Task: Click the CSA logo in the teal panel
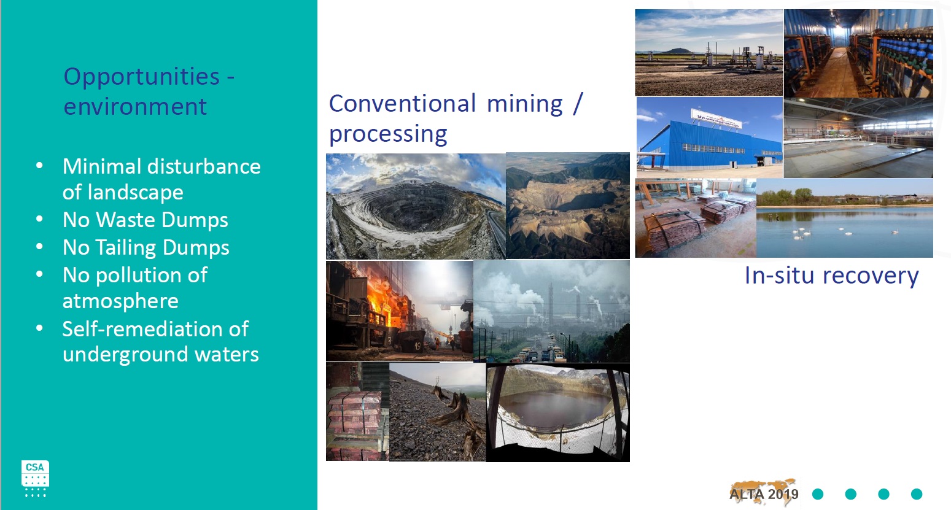[x=35, y=479]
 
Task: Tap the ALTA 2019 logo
[x=763, y=493]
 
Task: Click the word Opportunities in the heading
[x=141, y=77]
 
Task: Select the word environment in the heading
[x=135, y=106]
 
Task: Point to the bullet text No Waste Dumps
[x=145, y=220]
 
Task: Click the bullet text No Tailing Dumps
[x=146, y=248]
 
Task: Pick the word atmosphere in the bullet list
[x=120, y=301]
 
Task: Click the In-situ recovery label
[x=831, y=276]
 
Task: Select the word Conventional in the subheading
[x=402, y=104]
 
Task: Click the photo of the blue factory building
[x=710, y=137]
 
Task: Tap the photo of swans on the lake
[x=844, y=218]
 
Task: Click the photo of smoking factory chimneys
[x=551, y=311]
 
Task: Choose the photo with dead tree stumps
[x=438, y=412]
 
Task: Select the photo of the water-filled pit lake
[x=558, y=412]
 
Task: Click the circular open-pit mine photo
[x=416, y=206]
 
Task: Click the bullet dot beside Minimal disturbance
[x=39, y=166]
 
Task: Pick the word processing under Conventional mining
[x=388, y=134]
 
